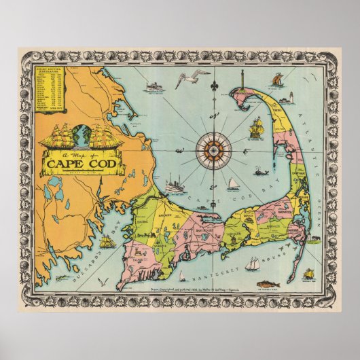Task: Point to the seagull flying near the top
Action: coord(184,81)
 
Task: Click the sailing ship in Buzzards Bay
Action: coord(106,239)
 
